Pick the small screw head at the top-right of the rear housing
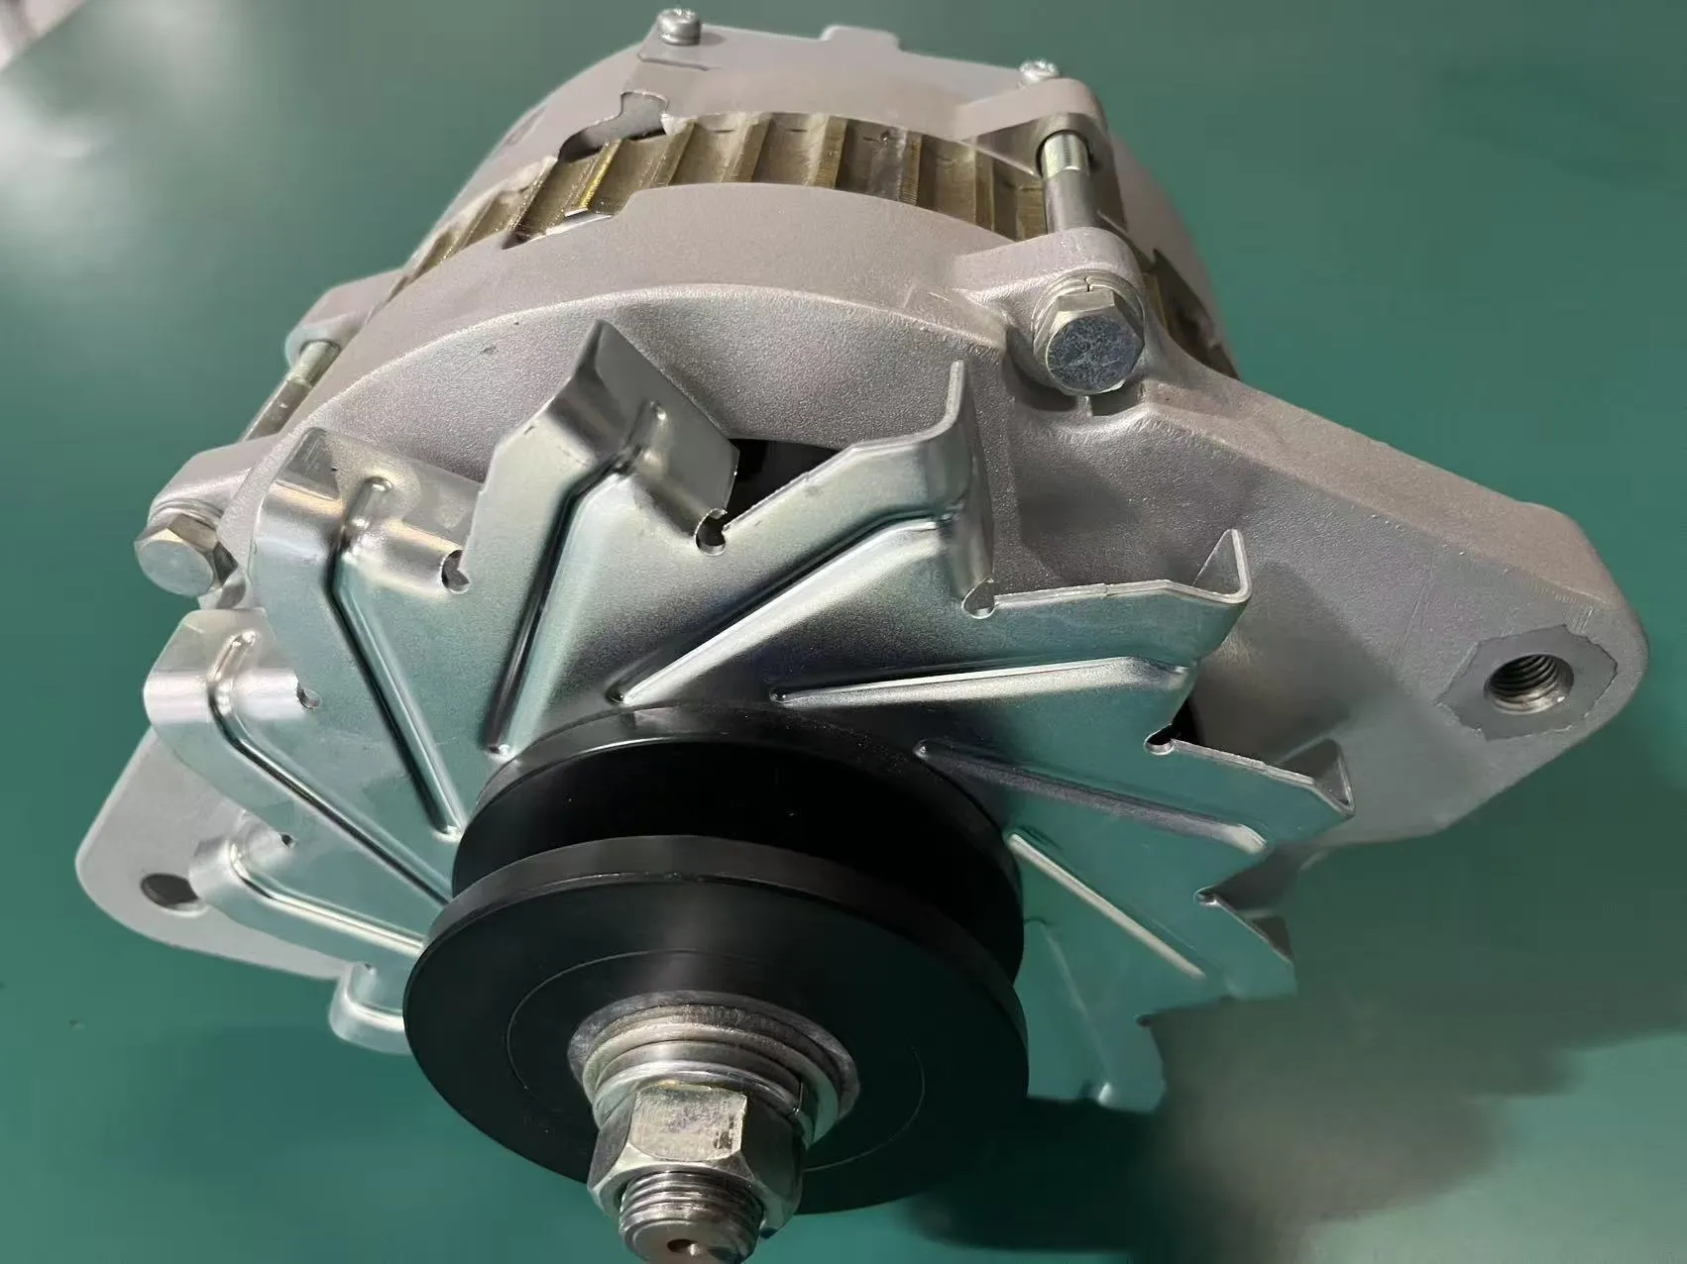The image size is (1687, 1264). tap(1038, 69)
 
